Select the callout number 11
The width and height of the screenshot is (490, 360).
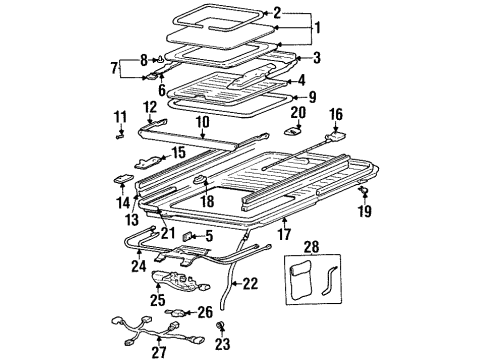point(120,118)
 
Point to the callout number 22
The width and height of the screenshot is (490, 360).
point(250,284)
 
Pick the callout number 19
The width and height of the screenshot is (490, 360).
point(366,213)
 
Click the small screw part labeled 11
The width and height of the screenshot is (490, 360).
point(120,135)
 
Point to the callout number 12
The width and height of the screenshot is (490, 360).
point(150,106)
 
